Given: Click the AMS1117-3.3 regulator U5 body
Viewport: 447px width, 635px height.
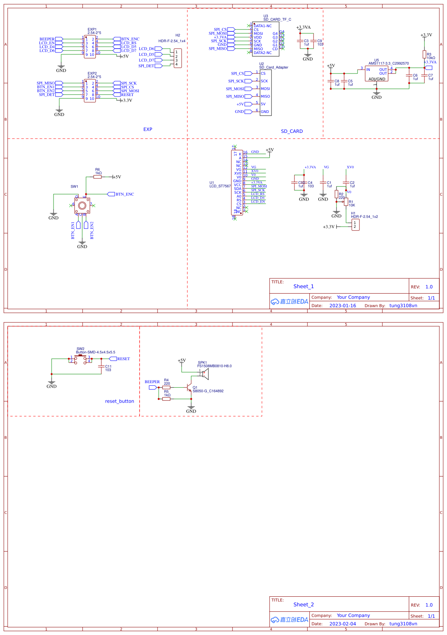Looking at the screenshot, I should coord(377,73).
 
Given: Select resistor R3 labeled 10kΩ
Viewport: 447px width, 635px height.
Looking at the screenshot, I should coord(424,54).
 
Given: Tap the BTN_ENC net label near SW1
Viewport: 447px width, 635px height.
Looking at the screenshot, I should coord(125,194).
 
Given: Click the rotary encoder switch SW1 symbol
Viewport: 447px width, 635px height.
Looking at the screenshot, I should coord(82,206).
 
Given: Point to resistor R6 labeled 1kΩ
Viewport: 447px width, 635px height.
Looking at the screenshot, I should coord(98,177).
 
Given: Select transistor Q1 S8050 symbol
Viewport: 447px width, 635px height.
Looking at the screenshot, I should coord(189,388).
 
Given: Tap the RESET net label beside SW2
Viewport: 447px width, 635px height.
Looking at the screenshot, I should coord(123,359).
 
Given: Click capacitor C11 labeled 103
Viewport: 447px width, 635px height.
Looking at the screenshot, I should coord(101,366).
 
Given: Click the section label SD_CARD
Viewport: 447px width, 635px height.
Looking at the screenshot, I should coord(292,131).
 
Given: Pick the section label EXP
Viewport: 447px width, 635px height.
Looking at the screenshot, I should coord(148,129).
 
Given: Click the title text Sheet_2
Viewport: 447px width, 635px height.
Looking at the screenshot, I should coord(304,604).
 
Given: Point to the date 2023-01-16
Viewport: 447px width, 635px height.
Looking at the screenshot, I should coord(343,305).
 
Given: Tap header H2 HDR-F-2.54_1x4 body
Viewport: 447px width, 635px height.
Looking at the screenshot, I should coord(177,58).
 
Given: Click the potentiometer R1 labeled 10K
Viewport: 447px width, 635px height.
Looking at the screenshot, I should coord(346,202).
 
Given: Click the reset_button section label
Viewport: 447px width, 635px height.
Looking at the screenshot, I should coord(119,401).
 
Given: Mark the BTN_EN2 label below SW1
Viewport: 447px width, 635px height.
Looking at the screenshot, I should coord(92,230).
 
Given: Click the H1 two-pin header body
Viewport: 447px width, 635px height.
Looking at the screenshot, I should coord(356,225).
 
